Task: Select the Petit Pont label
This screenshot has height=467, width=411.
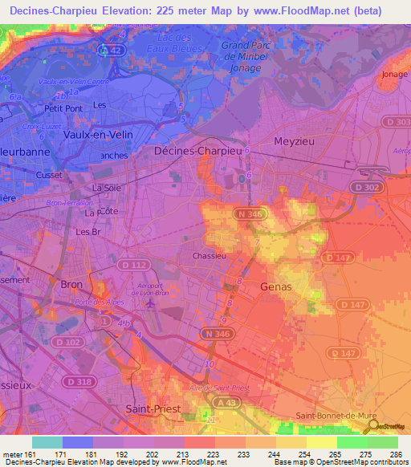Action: click(63, 108)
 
